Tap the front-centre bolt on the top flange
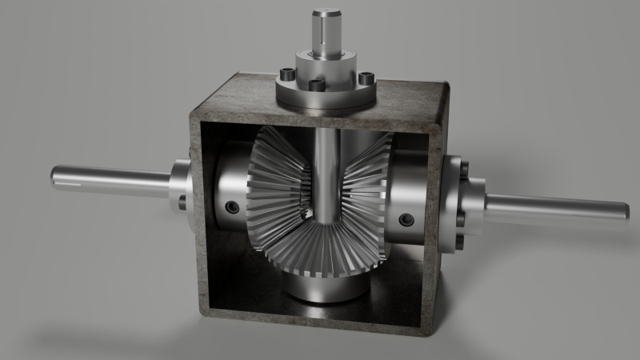pyautogui.click(x=316, y=84)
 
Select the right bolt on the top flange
pyautogui.click(x=366, y=78)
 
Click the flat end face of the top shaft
pyautogui.click(x=328, y=12)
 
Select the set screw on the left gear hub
pyautogui.click(x=231, y=207)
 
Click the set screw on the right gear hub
pyautogui.click(x=407, y=218)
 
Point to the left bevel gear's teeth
pyautogui.click(x=276, y=192)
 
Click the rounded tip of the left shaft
pyautogui.click(x=55, y=175)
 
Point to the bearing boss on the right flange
pyautogui.click(x=477, y=204)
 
